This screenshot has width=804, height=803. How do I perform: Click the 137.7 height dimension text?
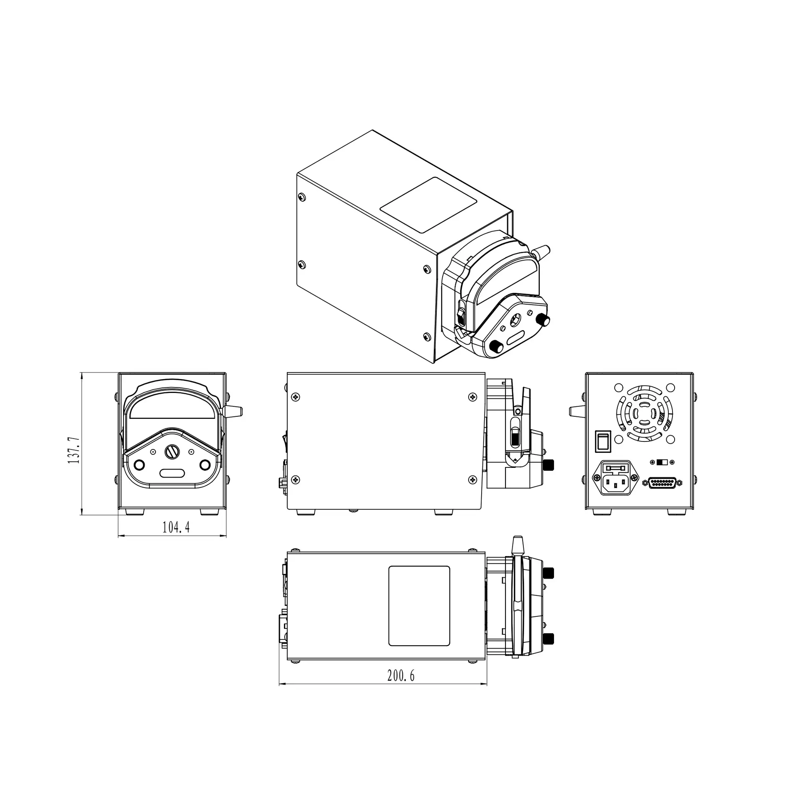(x=74, y=444)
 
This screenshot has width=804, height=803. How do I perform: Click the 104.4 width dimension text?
(x=176, y=528)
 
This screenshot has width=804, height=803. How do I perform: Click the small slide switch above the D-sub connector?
(x=662, y=462)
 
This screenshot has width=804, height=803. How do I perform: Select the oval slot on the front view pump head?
(x=172, y=473)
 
